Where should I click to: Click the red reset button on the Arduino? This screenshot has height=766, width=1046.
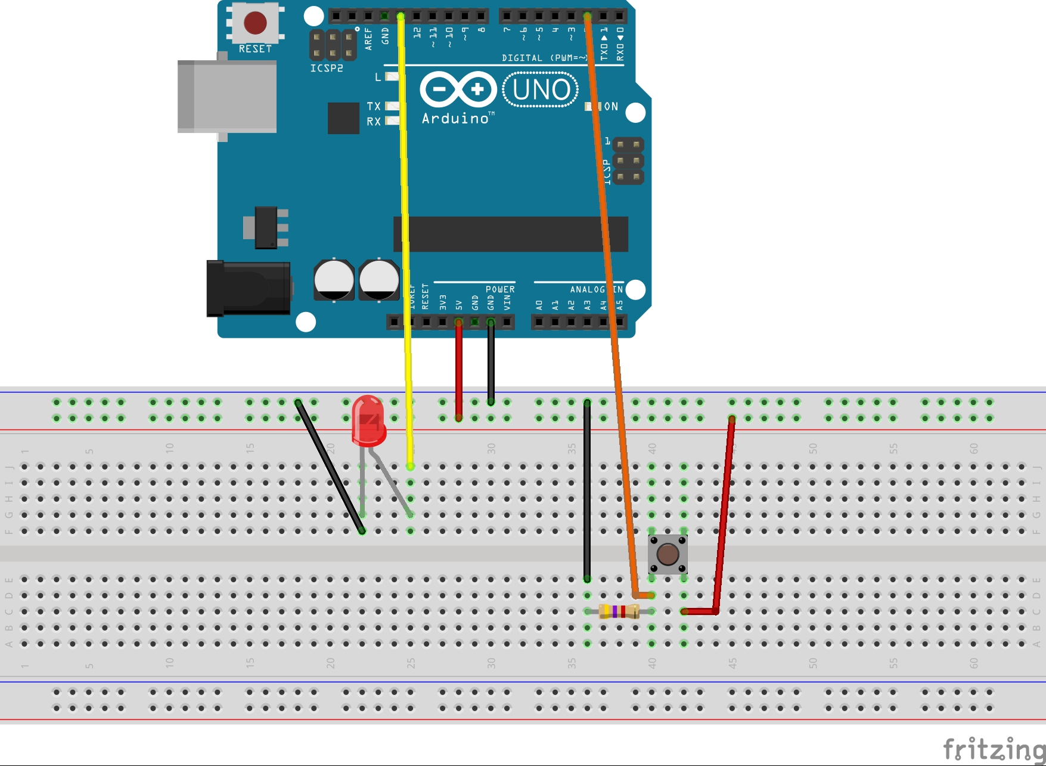click(255, 23)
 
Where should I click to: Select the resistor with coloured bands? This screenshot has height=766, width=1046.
click(619, 611)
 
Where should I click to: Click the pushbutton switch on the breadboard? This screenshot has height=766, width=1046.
click(668, 554)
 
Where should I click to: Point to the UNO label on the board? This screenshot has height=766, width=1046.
click(541, 90)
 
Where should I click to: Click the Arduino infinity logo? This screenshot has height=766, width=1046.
click(458, 89)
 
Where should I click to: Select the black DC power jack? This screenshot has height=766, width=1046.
click(248, 288)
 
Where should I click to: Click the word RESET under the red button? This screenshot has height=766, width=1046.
click(255, 49)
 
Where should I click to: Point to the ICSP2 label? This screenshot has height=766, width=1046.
click(327, 69)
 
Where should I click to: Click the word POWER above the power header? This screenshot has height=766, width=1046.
click(500, 289)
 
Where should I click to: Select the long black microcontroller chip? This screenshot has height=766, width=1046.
click(510, 234)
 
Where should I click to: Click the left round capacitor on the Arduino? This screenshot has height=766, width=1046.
click(334, 279)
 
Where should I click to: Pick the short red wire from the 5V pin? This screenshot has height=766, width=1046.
click(458, 370)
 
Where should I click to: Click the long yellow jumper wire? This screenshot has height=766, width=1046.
click(405, 239)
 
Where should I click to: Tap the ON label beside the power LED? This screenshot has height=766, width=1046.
click(611, 107)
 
